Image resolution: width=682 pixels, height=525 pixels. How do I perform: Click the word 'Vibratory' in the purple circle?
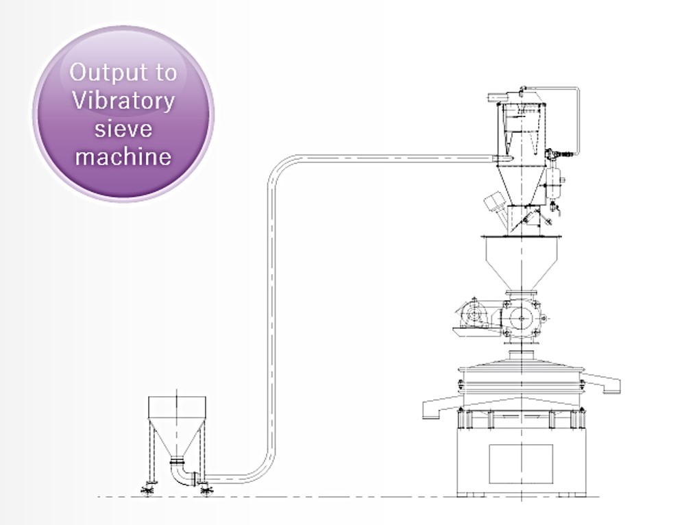123,101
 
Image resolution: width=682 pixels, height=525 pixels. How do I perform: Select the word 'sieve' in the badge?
123,129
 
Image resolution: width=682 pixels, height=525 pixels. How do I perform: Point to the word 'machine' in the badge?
123,156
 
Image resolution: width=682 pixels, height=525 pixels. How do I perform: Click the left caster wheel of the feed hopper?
148,490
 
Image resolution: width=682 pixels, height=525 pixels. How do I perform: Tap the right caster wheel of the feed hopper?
206,490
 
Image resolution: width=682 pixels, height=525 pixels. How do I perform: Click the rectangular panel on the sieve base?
521,464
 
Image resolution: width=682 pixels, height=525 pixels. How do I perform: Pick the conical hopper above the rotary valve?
521,264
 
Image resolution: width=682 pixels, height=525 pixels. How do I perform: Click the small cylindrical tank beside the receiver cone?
554,183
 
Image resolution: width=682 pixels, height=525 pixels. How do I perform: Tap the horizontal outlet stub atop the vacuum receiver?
495,97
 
